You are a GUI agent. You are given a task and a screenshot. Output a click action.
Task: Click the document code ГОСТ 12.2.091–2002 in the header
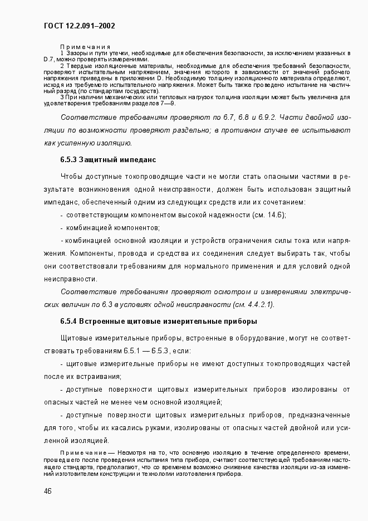point(78,25)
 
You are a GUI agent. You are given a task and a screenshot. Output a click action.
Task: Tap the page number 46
point(48,490)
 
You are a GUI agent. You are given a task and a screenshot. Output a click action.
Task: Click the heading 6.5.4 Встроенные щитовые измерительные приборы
point(158,322)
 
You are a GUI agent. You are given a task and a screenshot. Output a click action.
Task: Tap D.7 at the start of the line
point(50,59)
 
